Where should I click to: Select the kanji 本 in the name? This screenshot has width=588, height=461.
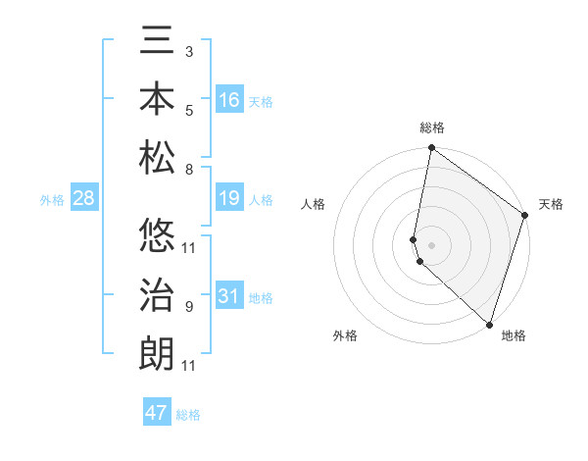point(157,101)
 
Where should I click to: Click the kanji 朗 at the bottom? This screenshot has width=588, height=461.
point(157,353)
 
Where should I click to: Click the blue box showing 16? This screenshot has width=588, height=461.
point(229,100)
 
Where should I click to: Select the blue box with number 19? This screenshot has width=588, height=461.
point(229,198)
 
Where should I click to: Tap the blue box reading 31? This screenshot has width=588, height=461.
point(229,296)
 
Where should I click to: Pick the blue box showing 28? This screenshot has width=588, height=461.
point(84,198)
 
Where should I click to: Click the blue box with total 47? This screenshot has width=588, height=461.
point(157,413)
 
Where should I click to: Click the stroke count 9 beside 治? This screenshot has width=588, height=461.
point(188,307)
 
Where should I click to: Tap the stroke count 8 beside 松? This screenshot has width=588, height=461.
point(188,170)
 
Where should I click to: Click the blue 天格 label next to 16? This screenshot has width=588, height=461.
point(261,102)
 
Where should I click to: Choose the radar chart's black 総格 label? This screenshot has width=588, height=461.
point(432,128)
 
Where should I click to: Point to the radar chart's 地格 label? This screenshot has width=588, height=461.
point(514,335)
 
